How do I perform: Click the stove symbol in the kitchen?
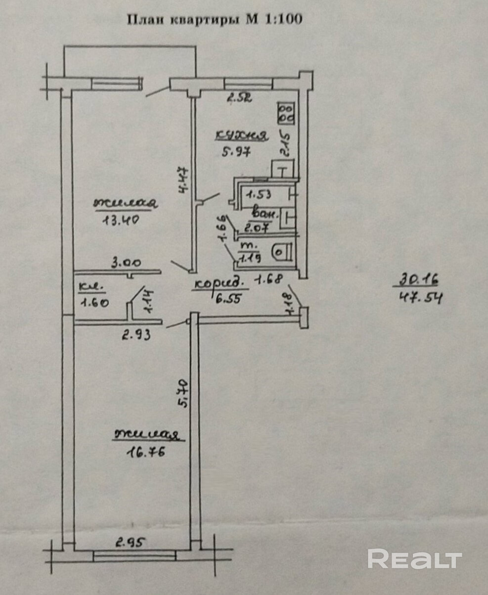coord(286,113)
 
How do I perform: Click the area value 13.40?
coord(119,220)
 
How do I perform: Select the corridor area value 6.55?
coord(226,299)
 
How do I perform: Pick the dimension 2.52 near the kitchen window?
coord(239,97)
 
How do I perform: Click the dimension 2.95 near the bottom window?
coord(130,543)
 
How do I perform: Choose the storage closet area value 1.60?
coord(92,303)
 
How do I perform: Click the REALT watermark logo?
coord(414,559)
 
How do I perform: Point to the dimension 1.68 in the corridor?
coord(268,280)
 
